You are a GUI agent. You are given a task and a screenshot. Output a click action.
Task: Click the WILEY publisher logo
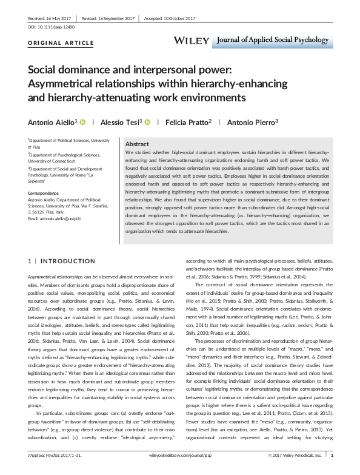(193, 39)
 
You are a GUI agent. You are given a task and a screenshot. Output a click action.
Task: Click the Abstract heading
(137, 144)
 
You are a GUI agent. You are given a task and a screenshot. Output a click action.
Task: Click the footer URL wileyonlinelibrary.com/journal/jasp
(180, 469)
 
